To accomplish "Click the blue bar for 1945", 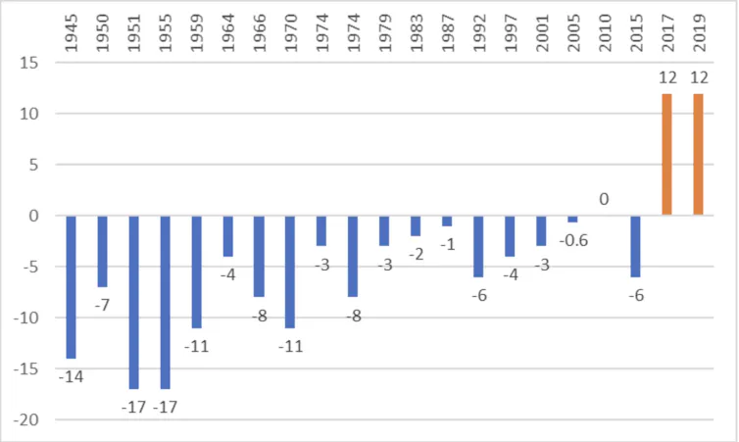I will click(x=72, y=286).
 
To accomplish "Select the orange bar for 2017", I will click(x=667, y=155).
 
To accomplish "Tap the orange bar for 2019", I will click(x=699, y=155).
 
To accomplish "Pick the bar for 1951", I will click(x=134, y=302).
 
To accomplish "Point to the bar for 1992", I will click(x=479, y=246).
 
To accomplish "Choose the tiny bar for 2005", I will click(x=573, y=219).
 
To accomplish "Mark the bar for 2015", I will click(x=636, y=246).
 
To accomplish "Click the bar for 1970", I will click(x=291, y=271).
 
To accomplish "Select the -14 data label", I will click(x=71, y=375).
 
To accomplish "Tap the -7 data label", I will click(x=103, y=305).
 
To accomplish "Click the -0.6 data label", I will click(x=573, y=239).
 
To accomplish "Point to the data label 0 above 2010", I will click(x=605, y=199).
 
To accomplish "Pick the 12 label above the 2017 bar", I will click(x=667, y=77).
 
